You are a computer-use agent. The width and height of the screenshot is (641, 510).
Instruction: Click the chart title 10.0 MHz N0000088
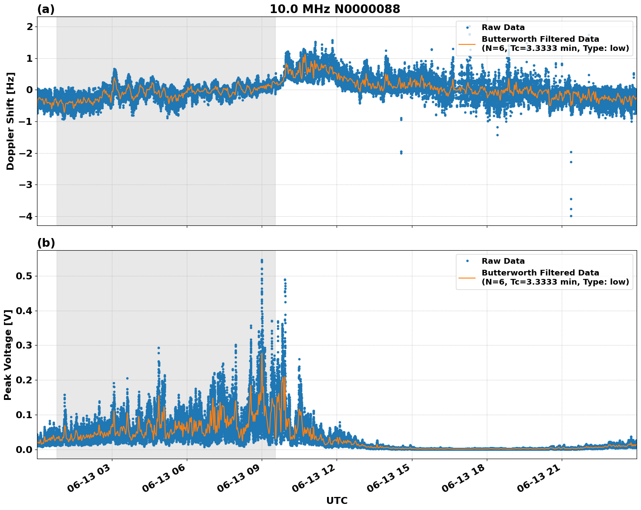(334, 9)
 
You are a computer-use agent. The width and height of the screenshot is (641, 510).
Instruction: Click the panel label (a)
(46, 9)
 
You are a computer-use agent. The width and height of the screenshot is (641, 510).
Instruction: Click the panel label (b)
(46, 243)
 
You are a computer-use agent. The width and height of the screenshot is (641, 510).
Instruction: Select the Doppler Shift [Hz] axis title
(10, 121)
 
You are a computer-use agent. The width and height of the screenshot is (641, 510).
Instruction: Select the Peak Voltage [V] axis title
(8, 355)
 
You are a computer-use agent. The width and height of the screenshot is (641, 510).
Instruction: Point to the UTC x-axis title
(337, 500)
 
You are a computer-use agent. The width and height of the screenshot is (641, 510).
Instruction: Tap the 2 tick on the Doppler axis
(30, 27)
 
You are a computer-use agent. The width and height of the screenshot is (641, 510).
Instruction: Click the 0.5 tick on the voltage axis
(25, 276)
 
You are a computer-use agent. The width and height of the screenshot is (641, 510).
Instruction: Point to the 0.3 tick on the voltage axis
(25, 345)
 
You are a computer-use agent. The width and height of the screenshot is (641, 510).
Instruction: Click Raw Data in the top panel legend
(503, 27)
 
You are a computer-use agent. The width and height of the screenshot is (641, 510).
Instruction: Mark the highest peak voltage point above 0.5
(262, 260)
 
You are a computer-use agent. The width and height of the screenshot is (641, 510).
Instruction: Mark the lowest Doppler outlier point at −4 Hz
(571, 216)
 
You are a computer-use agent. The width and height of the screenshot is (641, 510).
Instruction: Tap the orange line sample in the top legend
(467, 44)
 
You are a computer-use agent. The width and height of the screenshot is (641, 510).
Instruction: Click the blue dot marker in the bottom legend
(467, 261)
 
